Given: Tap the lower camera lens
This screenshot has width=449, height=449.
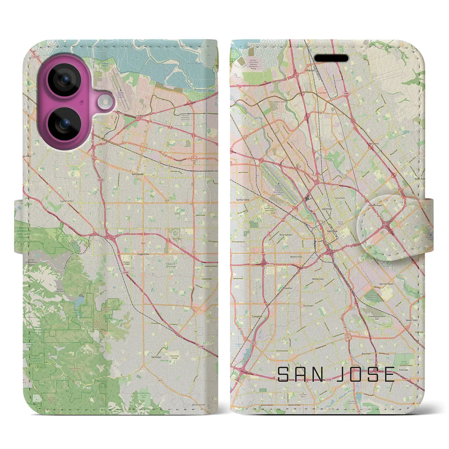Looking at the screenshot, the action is tap(65, 123).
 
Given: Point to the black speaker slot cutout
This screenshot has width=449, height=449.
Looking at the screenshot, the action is tap(331, 58).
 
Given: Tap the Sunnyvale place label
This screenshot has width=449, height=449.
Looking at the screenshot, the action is tap(136, 174).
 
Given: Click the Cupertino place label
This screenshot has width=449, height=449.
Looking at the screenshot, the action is tap(143, 254).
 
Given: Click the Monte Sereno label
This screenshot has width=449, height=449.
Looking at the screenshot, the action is tap(199, 405).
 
